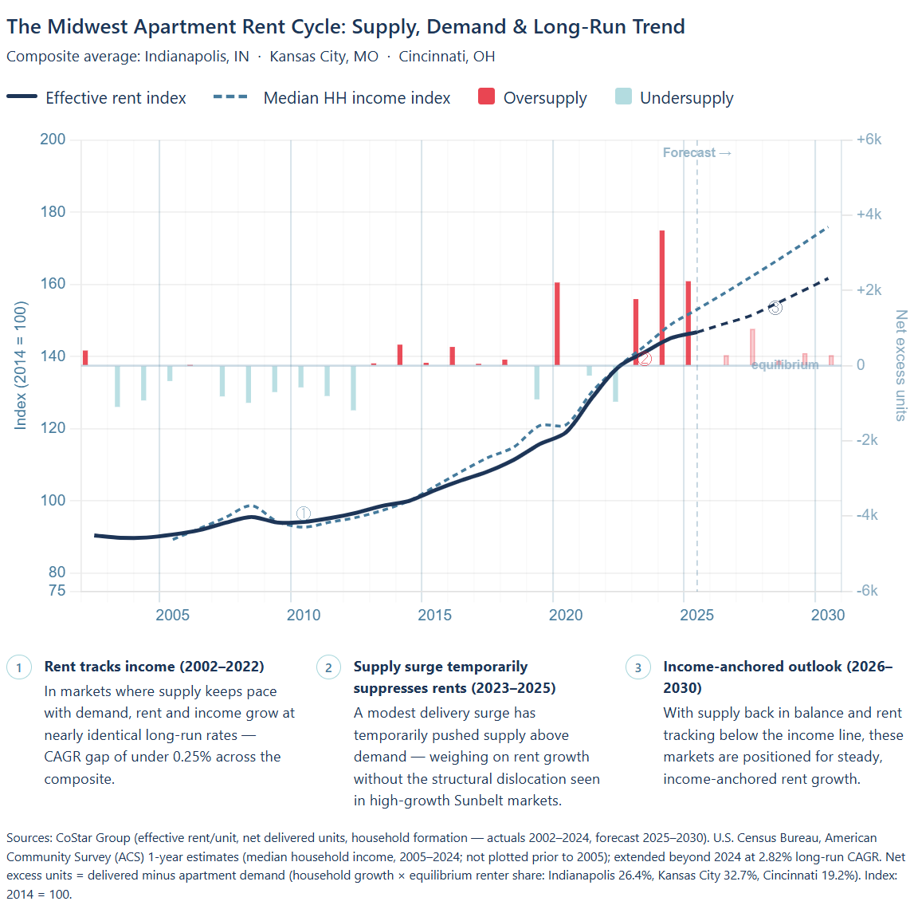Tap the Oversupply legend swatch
tap(486, 97)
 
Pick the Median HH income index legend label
tap(356, 98)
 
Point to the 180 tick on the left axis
tap(53, 212)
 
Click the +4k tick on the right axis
tap(869, 214)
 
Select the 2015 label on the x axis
tap(434, 615)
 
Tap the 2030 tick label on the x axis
tap(828, 615)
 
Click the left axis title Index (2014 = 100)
tap(21, 365)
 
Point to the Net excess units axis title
tap(901, 365)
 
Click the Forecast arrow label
tap(696, 152)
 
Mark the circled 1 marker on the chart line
tap(304, 514)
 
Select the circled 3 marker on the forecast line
tap(775, 307)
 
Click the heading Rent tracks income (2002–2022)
tap(154, 667)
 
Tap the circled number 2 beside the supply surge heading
tap(328, 667)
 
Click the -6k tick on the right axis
tap(867, 591)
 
